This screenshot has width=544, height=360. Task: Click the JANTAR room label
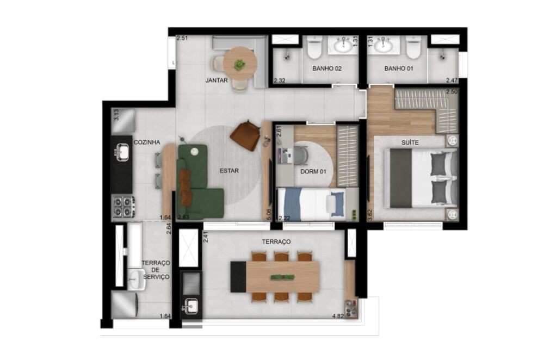coord(216,80)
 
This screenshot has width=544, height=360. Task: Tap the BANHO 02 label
coord(327,69)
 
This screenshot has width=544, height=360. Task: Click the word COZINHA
coord(147,142)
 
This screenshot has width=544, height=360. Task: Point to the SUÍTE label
coord(410,142)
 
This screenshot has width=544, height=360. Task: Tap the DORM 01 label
coord(313,171)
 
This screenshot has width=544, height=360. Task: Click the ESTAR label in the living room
coord(230,170)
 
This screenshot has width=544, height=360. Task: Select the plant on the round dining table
coord(239,65)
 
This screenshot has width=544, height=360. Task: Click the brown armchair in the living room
coord(246,135)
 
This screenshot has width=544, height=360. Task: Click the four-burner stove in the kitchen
coord(122,207)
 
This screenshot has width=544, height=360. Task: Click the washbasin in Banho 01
coord(386,46)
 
